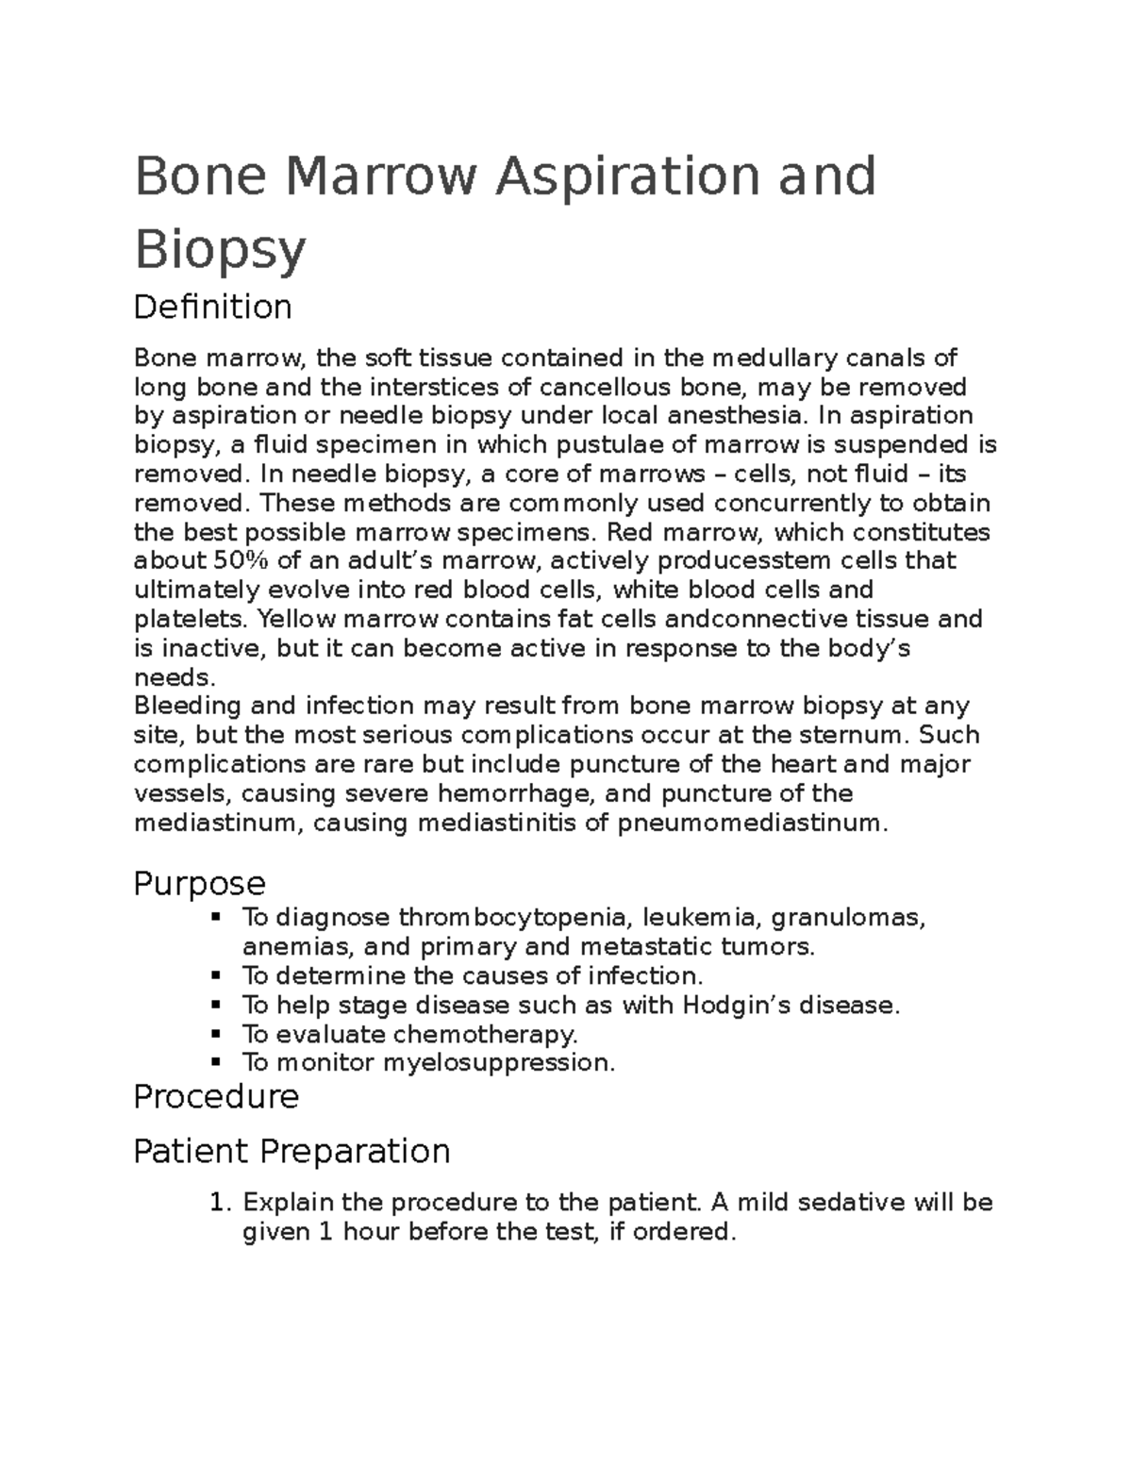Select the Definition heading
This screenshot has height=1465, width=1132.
pos(212,307)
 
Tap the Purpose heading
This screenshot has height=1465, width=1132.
pos(199,884)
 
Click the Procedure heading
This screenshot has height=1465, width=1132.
pos(216,1096)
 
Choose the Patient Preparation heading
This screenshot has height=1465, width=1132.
pos(291,1151)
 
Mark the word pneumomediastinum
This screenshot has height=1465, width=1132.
pos(752,824)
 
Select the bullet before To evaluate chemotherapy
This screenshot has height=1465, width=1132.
pos(217,1034)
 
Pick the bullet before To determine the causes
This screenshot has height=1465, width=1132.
pos(217,975)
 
